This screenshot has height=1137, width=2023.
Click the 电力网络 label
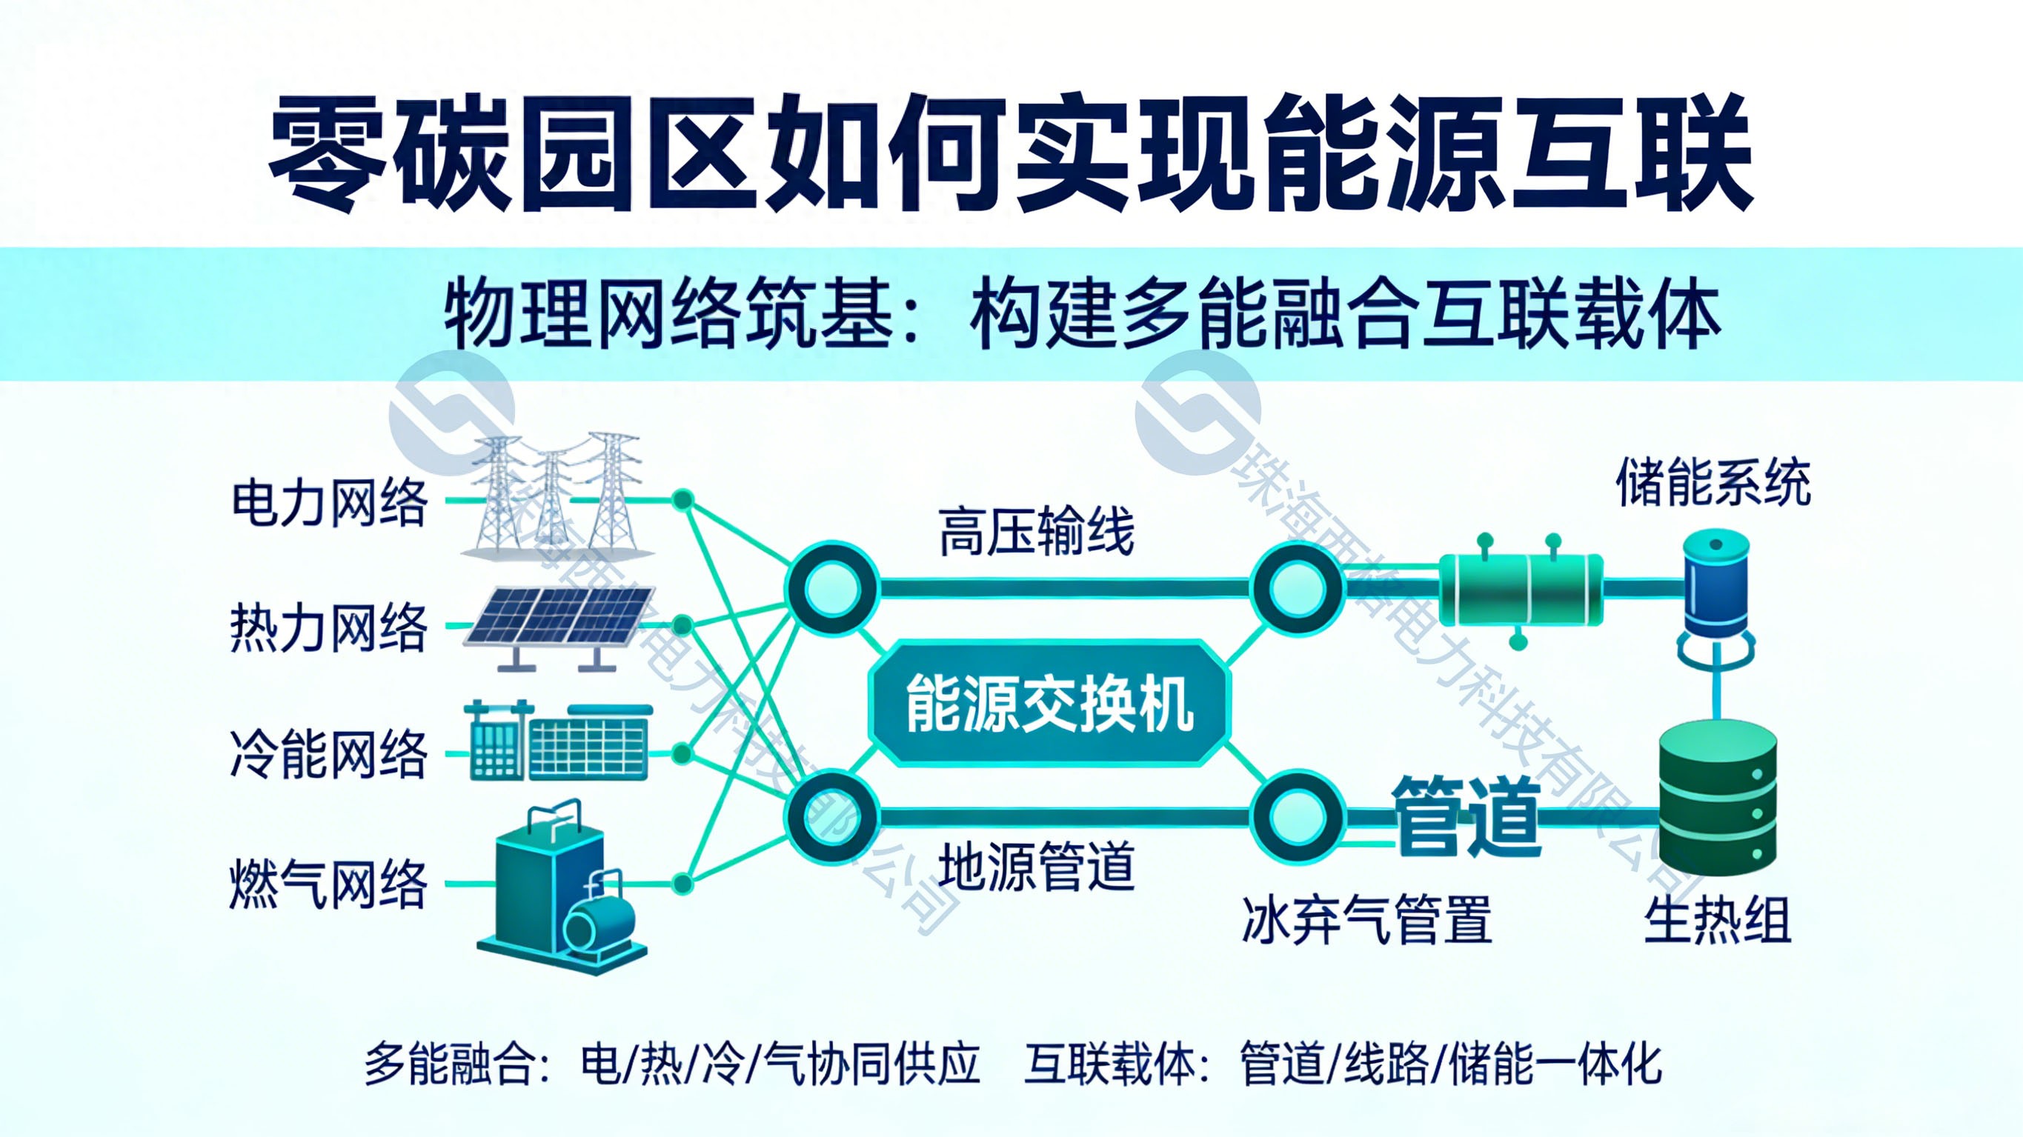tap(330, 502)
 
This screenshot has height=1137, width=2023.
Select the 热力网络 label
tap(328, 628)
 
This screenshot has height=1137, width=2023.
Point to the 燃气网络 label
tap(328, 884)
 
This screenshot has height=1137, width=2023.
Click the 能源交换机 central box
tap(1049, 704)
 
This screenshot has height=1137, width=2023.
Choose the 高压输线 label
tap(1037, 533)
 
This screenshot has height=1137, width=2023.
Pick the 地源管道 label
tap(1037, 865)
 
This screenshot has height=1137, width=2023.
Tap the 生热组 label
tap(1718, 920)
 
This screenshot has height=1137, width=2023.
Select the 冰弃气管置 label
tap(1366, 920)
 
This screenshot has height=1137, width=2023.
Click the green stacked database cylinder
tap(1717, 801)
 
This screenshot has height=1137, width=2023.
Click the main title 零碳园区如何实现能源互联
tap(1011, 154)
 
